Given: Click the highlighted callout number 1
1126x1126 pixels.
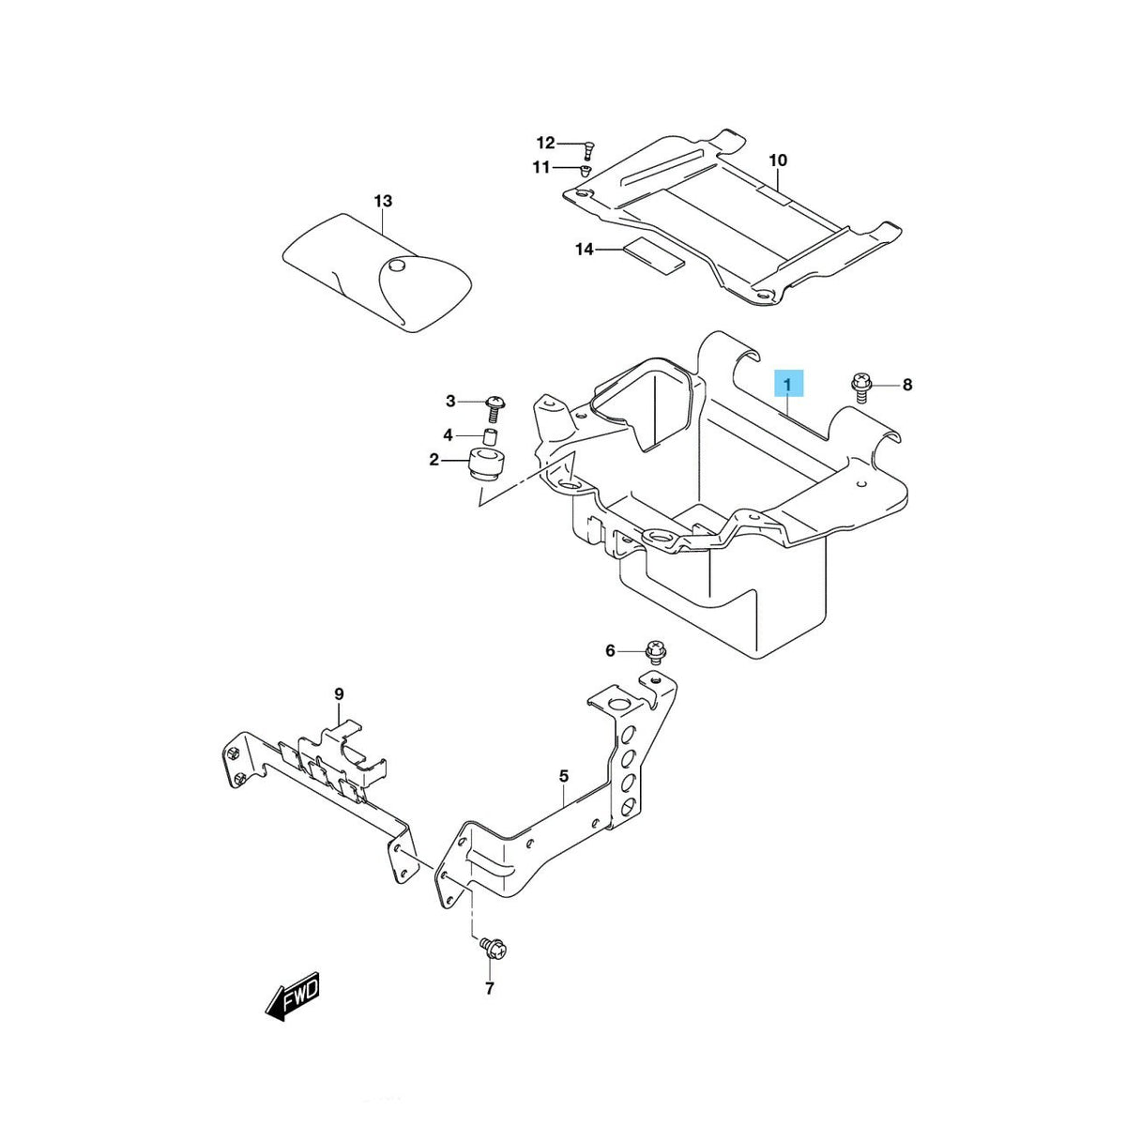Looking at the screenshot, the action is pos(788,385).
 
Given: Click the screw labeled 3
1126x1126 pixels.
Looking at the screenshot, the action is pos(495,408).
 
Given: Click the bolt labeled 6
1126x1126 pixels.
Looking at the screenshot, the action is pos(655,652).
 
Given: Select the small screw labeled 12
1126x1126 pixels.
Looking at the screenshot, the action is pos(587,149).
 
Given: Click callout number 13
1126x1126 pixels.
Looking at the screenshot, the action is pos(383,201).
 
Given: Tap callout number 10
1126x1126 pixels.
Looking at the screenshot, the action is pos(778,160).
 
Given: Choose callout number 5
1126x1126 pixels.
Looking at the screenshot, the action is pos(563,776).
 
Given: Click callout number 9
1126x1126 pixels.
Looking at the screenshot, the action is pos(340,694).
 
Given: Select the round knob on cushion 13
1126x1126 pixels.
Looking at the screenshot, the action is pos(396,266).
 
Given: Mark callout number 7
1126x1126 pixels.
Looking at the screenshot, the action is pos(489,988).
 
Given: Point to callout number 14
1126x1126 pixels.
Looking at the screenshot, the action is pos(585,250).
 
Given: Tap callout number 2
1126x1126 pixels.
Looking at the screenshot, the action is pos(434,460).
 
